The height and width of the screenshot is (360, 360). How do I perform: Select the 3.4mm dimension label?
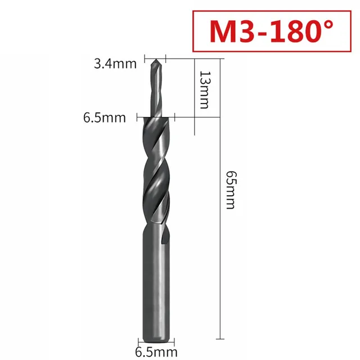pos(115,64)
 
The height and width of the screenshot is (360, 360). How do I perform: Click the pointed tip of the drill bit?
pos(156,59)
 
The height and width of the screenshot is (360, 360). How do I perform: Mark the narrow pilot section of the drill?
pos(156,90)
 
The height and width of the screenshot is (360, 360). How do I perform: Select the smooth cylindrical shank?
pos(156,281)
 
